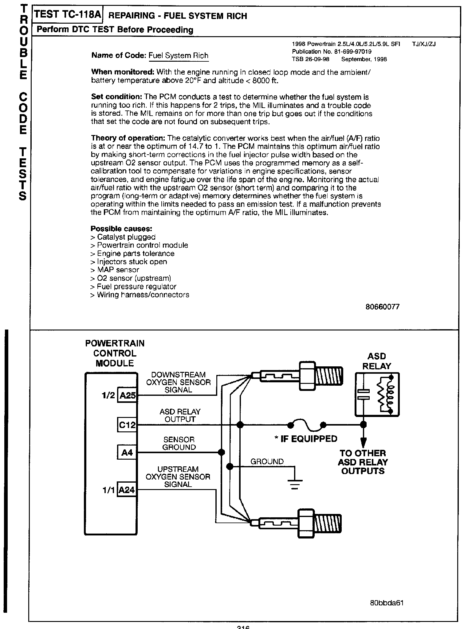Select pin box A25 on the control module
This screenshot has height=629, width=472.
pos(127,396)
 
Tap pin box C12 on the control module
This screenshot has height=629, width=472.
pos(127,425)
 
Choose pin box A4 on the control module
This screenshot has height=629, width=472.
pos(127,452)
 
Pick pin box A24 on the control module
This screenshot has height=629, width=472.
pos(127,490)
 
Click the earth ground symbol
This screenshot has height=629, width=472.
pos(294,483)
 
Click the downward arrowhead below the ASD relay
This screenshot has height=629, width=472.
pos(364,442)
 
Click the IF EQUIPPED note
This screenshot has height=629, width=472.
pos(306,439)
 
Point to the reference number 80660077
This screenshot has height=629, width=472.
pos(383,307)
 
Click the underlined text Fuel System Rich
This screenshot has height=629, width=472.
pos(178,56)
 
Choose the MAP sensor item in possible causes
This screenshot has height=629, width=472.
pos(115,270)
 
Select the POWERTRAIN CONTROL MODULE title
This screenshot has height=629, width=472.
pos(115,353)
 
